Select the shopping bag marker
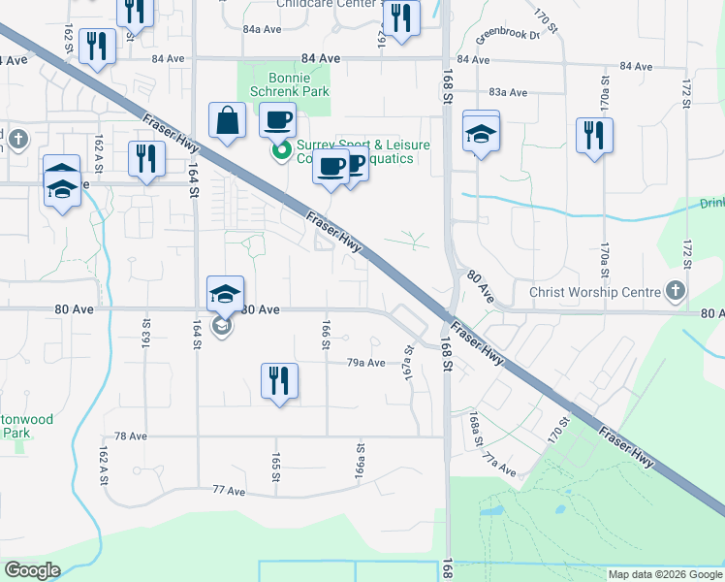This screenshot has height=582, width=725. [227, 122]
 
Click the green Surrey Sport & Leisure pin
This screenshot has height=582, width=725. [281, 150]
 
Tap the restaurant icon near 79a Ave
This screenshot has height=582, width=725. [279, 380]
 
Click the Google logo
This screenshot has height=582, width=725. [33, 570]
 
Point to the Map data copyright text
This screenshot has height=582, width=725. [666, 574]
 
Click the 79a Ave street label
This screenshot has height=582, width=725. [366, 363]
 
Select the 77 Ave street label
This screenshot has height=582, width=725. [230, 492]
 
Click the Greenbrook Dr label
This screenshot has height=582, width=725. [507, 35]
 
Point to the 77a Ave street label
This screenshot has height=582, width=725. [502, 467]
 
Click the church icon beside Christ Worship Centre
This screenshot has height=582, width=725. [676, 291]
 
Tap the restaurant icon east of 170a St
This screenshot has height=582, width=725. [593, 135]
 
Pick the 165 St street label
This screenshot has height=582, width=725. [276, 467]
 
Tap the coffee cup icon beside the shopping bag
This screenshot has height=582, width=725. [278, 120]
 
